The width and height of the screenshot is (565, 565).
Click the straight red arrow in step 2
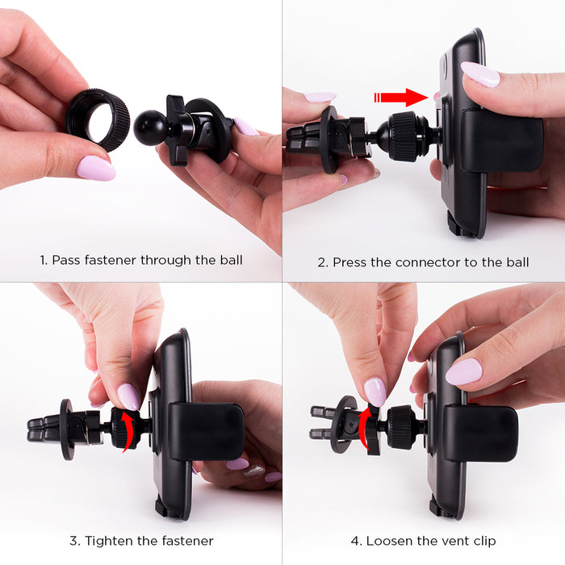[x=401, y=98]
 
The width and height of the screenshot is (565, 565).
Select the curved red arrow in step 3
[x=128, y=431]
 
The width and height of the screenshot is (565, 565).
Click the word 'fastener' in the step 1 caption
[x=111, y=260]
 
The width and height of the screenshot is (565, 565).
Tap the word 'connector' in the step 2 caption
[x=428, y=262]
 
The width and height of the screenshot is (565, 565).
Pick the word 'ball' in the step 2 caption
[x=518, y=262]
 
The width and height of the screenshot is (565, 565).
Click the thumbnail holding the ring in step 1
[x=96, y=168]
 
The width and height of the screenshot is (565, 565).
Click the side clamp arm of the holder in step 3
[x=206, y=431]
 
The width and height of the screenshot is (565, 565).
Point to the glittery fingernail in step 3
[x=255, y=471]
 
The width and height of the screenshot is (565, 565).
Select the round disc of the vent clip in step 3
[x=67, y=429]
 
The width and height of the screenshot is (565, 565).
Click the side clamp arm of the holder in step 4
[x=481, y=434]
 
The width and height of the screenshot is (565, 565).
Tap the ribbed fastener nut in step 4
[x=401, y=427]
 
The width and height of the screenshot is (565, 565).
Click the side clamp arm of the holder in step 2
[x=501, y=140]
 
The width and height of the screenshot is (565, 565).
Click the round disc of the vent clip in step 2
[x=329, y=140]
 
